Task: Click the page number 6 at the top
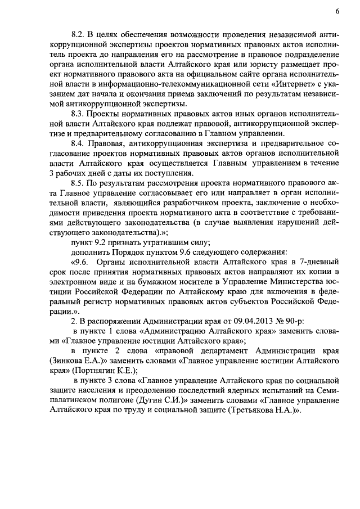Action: tap(337, 11)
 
